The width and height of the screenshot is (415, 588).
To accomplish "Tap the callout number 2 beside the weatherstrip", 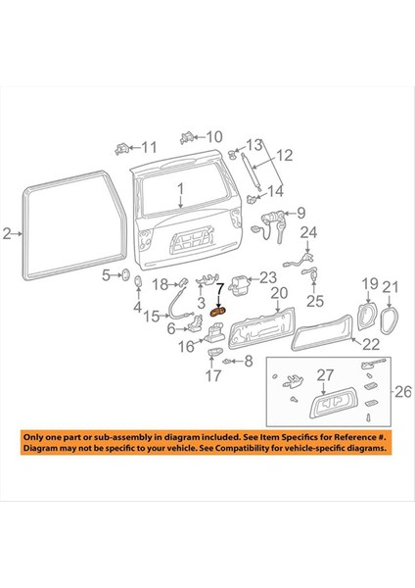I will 7,233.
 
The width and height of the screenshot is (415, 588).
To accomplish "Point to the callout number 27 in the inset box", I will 325,374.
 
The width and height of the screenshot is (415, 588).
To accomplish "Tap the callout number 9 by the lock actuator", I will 301,212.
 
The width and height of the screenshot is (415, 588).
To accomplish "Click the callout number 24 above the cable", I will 308,232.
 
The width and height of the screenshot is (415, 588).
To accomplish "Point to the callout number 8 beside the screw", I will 248,361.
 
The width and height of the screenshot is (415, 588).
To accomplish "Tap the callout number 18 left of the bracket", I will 161,283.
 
